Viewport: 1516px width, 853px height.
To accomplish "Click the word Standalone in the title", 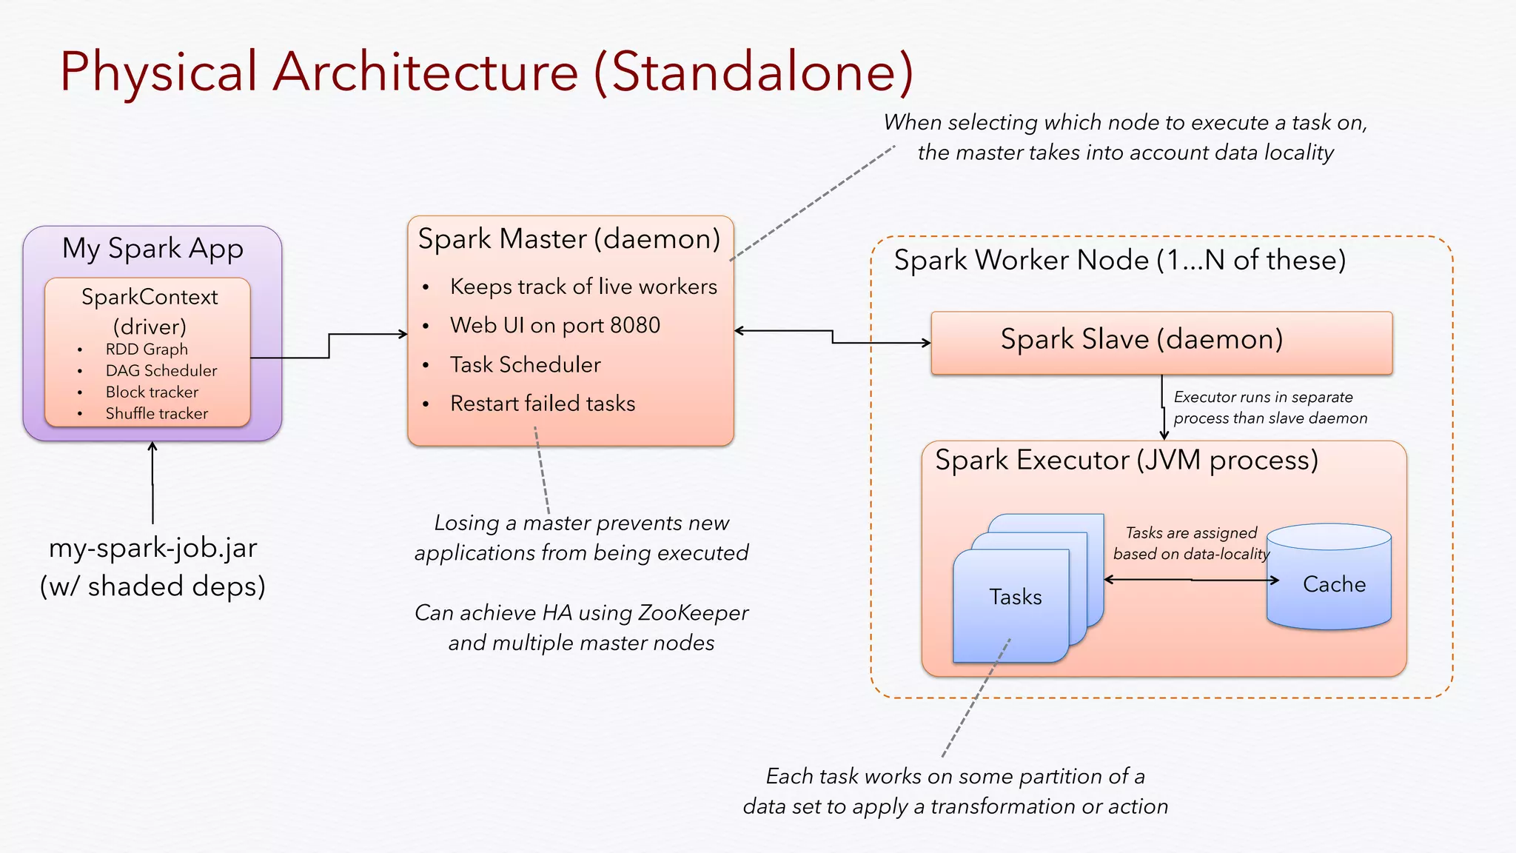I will point(754,73).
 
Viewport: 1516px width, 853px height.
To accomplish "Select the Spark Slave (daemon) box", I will point(1161,342).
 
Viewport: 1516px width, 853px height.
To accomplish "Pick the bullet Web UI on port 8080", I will point(554,325).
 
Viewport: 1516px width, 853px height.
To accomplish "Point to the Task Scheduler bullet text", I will point(525,364).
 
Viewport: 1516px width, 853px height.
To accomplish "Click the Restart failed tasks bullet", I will point(542,404).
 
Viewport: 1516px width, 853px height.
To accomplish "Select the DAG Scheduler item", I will point(161,370).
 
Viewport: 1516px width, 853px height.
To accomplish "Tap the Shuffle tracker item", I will point(156,413).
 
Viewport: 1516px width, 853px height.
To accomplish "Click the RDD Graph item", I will point(147,349).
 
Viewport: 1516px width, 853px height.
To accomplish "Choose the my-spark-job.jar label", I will point(152,549).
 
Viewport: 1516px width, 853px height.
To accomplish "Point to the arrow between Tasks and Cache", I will point(1191,580).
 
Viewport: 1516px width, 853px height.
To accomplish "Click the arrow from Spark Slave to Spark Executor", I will point(1164,407).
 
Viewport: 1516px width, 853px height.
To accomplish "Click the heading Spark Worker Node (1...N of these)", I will point(1119,261).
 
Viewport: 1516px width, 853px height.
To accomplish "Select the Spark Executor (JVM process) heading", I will point(1126,461).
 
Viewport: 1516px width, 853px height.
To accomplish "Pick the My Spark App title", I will point(152,249).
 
